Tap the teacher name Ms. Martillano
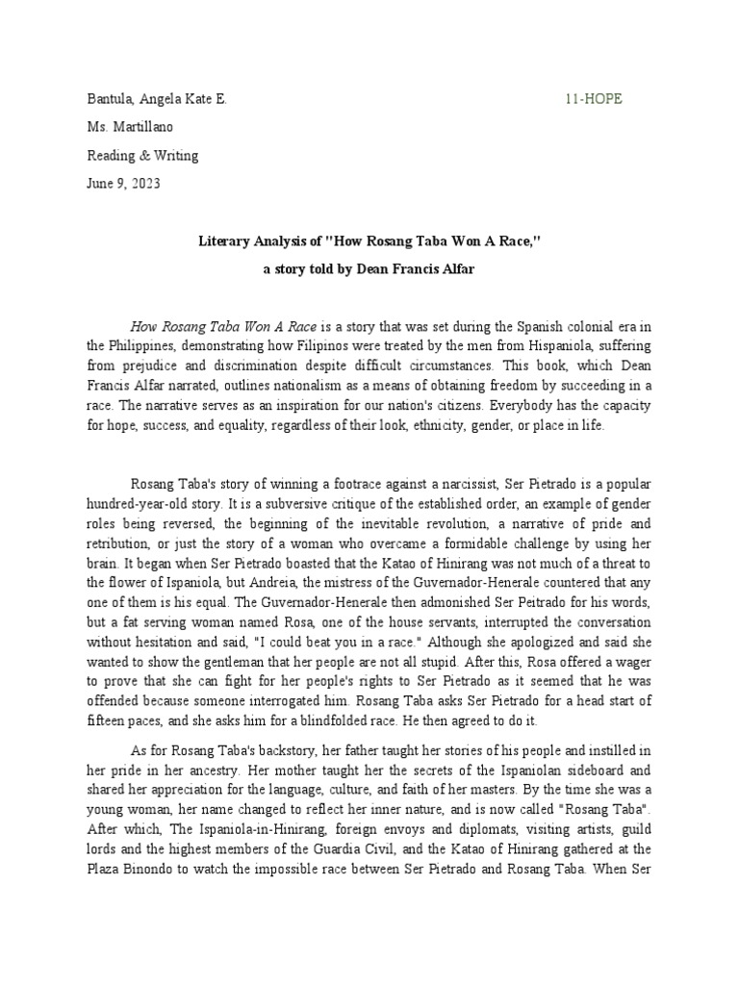[x=131, y=127]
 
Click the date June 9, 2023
[x=123, y=184]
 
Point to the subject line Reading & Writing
[x=142, y=156]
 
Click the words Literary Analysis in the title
[x=244, y=242]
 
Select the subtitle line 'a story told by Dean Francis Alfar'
[x=369, y=270]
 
